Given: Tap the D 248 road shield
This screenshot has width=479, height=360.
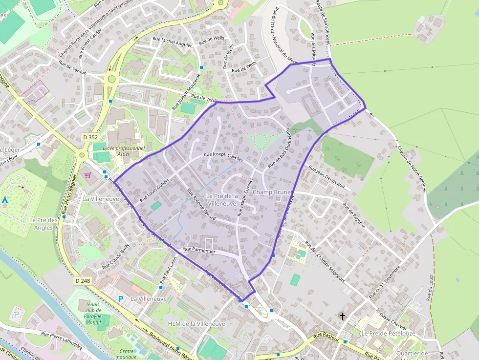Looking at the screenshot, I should [84, 281].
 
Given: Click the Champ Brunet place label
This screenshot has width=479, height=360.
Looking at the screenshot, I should [272, 192].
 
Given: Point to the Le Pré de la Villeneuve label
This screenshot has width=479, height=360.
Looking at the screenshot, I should [222, 199].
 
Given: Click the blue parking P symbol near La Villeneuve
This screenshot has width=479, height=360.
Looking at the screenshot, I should [121, 298].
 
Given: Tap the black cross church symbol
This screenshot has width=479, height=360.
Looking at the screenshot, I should [343, 317].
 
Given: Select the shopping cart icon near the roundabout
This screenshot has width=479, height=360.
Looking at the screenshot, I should [87, 175].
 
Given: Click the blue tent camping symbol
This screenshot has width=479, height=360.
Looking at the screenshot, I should [5, 200].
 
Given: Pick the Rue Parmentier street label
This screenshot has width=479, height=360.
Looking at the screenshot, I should [199, 251].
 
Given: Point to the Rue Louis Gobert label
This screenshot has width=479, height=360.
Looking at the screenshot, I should [154, 190].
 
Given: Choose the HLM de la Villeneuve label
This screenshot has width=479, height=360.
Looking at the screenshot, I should [196, 324].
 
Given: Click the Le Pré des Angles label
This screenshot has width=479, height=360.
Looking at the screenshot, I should [44, 224].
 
